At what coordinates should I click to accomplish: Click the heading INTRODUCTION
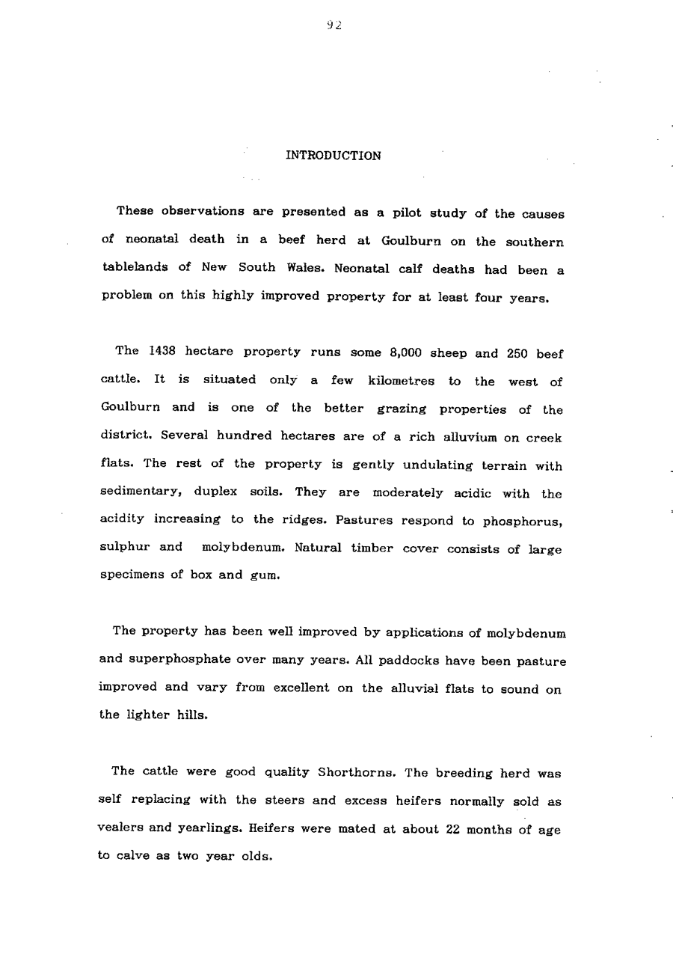334,156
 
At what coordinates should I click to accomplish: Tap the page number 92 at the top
334,25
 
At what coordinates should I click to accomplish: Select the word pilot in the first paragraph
409,213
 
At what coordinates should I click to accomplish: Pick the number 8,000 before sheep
407,352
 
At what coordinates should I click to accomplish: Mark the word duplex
218,494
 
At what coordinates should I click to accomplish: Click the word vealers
123,828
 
